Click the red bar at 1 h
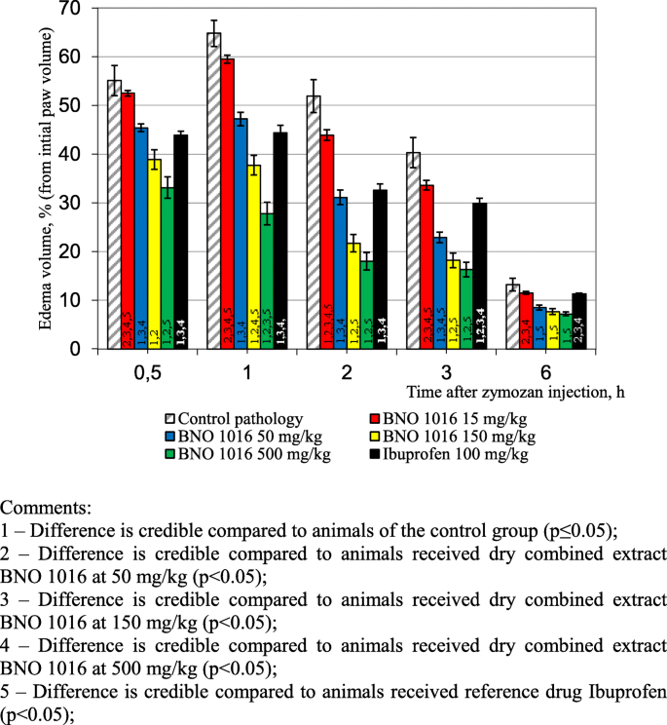coord(227,204)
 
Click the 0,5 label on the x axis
coord(146,372)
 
